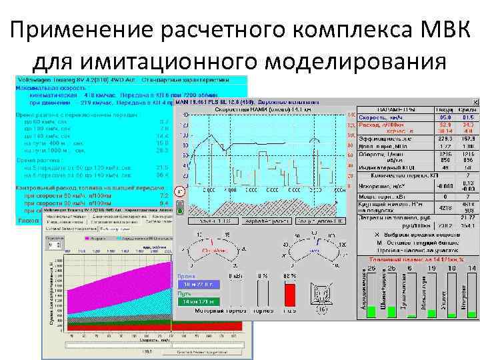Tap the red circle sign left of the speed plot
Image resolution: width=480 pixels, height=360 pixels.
tap(179, 191)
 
